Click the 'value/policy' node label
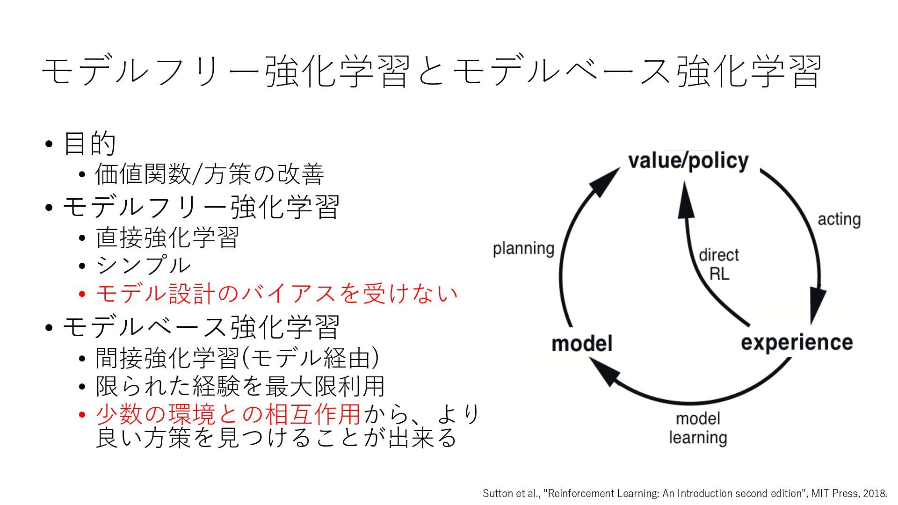688,161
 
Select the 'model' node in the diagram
582,344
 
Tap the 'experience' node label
797,343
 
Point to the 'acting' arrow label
839,219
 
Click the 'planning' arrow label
523,248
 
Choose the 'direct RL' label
719,264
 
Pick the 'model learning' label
698,428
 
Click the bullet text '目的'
89,144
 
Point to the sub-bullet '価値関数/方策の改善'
209,174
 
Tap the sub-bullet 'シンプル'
143,265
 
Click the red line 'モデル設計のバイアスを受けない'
276,294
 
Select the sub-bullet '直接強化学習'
167,238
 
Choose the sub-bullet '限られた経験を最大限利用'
240,386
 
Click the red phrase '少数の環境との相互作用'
228,414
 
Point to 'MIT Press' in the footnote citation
833,493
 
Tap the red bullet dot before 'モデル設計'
82,294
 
